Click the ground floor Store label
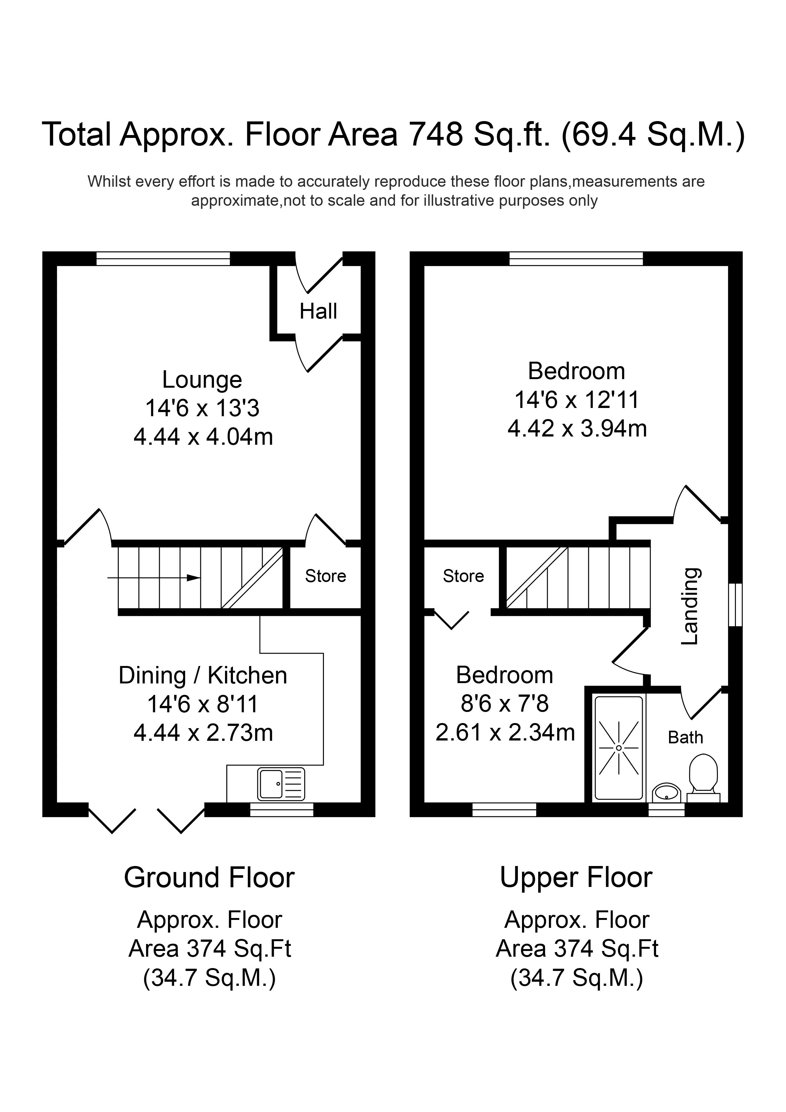click(x=325, y=576)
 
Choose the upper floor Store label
click(x=463, y=576)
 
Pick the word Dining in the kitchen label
click(x=152, y=675)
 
